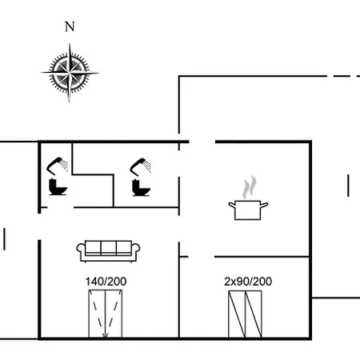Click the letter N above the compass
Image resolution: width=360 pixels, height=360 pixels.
coord(70,26)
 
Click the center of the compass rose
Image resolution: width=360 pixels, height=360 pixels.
coord(70,73)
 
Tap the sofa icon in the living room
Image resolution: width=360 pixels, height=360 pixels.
coord(108,251)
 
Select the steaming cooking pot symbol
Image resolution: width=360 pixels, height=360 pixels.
coord(248,198)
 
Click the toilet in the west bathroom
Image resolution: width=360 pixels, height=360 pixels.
coord(58,187)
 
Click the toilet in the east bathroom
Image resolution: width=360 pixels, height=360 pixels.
coord(141,188)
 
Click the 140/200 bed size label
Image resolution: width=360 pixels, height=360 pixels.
coord(106,282)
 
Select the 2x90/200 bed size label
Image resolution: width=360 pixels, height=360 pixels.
coord(248,282)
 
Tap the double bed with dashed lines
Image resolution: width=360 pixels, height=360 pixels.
coord(106,314)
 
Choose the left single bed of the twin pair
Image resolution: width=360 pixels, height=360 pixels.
coord(237,314)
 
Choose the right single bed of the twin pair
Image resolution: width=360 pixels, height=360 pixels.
coord(254,314)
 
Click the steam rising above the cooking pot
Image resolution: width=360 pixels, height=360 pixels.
coord(250,187)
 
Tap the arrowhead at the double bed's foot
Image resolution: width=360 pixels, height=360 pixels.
coord(106,336)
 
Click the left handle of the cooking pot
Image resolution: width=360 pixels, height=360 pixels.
coord(232,205)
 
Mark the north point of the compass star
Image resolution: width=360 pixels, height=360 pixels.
coord(70,44)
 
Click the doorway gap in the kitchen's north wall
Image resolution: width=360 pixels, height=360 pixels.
coord(202,142)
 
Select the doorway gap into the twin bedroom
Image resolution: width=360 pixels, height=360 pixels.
coord(202,257)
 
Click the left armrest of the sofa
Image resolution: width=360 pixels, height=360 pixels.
coord(81,249)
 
